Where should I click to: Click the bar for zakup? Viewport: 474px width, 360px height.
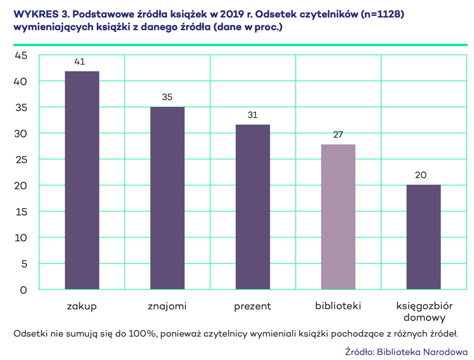click(82, 181)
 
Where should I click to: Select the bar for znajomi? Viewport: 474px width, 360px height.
click(167, 198)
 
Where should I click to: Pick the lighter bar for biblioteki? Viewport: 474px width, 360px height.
click(338, 217)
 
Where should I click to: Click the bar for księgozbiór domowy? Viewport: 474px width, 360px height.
click(424, 237)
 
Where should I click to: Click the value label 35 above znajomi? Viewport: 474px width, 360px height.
click(167, 97)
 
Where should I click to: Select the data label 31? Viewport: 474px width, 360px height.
click(252, 115)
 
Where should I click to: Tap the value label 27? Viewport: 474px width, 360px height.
click(338, 134)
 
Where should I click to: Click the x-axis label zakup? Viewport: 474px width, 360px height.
click(82, 306)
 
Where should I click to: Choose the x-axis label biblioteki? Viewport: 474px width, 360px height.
click(338, 306)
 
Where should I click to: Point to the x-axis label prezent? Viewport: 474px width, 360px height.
click(252, 306)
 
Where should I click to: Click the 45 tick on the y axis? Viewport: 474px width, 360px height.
click(21, 56)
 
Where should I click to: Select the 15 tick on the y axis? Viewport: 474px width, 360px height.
click(21, 212)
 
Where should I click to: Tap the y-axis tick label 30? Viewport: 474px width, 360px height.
click(21, 134)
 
